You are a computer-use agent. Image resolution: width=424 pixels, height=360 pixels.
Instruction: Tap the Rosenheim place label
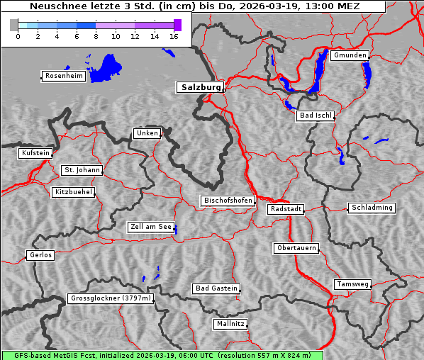click(64, 76)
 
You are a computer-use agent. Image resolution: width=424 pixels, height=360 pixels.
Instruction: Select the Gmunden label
click(350, 55)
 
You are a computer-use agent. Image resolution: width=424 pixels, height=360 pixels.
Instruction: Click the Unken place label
click(147, 133)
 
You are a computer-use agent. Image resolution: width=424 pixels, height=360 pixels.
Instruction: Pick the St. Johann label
click(82, 170)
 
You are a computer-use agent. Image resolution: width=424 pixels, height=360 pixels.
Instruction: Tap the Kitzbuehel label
click(73, 192)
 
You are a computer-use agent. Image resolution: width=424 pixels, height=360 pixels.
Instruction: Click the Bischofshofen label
click(228, 201)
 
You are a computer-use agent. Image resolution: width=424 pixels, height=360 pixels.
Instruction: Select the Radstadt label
click(286, 209)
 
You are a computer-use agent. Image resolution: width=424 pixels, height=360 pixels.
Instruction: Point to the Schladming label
click(371, 208)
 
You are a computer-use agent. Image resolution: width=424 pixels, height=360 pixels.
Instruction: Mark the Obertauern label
click(296, 248)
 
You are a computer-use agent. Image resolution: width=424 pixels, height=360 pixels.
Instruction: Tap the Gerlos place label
click(40, 255)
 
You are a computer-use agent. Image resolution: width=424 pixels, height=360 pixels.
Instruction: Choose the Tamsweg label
click(352, 284)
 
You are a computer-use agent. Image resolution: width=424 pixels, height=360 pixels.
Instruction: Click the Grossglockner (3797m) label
click(111, 298)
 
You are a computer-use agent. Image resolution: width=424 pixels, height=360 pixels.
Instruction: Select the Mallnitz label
click(230, 324)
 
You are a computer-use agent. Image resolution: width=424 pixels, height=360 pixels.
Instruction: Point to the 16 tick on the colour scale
click(173, 36)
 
